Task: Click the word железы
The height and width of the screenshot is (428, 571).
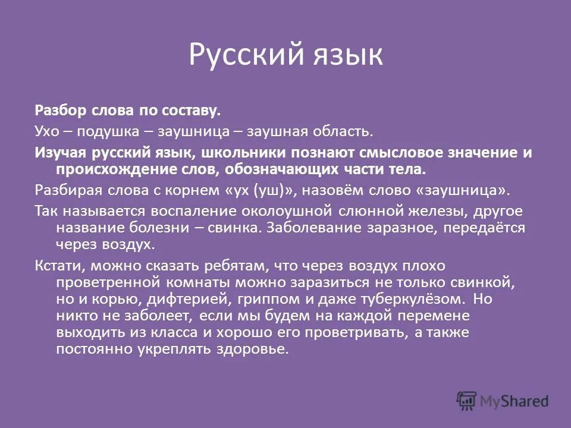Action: tap(429, 211)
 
